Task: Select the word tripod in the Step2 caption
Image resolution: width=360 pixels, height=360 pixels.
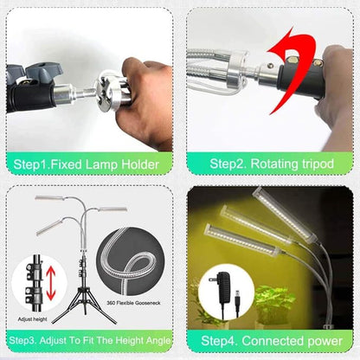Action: click(318, 164)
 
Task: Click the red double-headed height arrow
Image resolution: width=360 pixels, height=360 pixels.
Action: click(51, 283)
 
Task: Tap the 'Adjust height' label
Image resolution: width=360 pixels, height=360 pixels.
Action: click(32, 319)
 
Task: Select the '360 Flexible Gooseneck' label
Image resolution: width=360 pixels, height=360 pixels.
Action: click(133, 303)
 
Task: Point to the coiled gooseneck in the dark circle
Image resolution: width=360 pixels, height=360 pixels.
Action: click(127, 260)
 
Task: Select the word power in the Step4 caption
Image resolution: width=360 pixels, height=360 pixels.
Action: click(325, 342)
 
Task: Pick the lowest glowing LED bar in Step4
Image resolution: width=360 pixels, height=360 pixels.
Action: click(242, 240)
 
